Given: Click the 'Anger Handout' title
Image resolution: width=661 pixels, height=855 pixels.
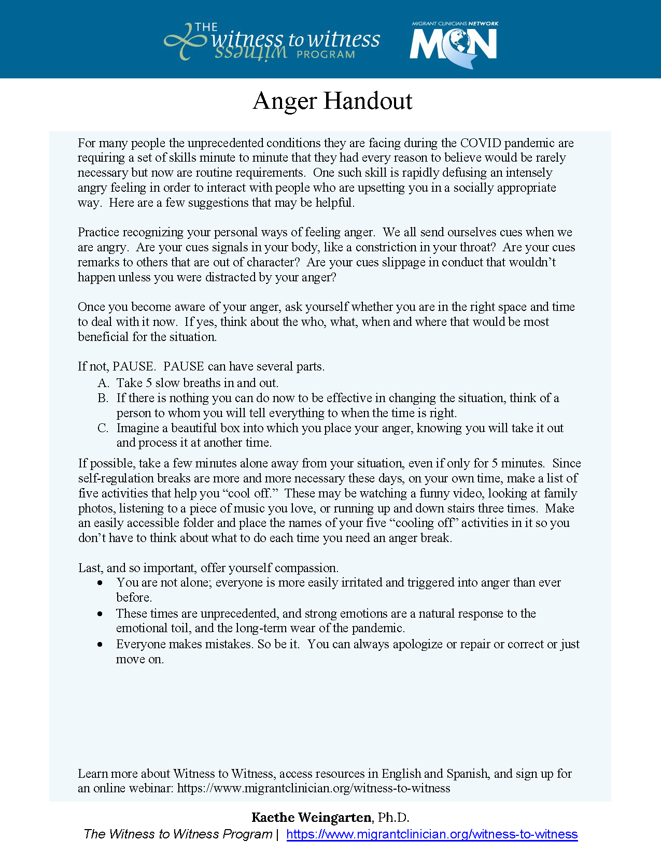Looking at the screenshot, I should click(332, 101).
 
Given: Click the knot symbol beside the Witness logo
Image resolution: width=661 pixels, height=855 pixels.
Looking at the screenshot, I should click(184, 41).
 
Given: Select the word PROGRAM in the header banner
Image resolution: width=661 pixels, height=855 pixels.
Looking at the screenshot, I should click(326, 54).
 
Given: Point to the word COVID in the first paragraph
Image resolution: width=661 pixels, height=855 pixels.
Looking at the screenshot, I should click(480, 143).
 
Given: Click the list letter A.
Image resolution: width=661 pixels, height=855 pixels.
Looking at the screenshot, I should click(103, 383).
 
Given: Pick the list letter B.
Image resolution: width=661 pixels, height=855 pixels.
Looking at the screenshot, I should click(103, 398).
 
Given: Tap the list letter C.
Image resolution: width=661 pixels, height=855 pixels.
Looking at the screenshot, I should click(103, 428).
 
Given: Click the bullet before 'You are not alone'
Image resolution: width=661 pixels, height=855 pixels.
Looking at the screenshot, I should click(100, 583).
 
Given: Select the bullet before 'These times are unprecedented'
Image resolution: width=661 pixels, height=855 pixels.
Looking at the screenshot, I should click(100, 614).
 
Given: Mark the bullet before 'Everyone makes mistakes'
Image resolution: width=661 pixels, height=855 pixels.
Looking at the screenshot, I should click(100, 644).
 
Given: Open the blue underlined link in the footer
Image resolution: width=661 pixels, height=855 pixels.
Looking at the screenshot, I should click(432, 834).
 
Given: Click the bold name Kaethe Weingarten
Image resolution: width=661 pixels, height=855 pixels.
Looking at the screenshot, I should click(312, 818).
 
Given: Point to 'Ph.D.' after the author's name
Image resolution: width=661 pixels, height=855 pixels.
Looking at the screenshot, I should click(393, 818).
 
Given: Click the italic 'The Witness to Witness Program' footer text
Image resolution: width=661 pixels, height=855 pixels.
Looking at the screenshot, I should click(178, 834).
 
